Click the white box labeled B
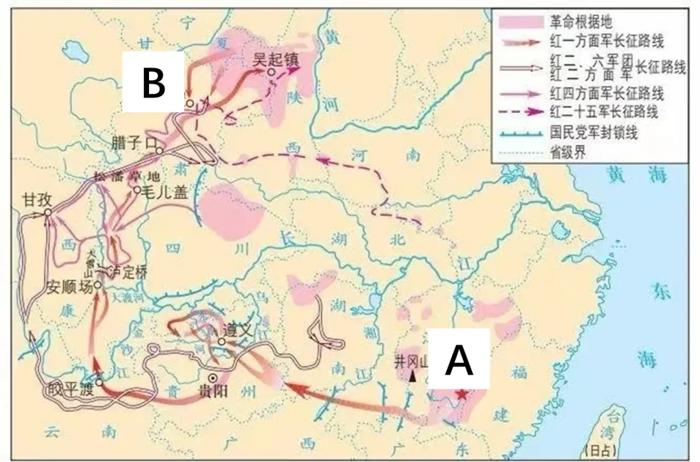[154, 84]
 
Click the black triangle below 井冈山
[412, 376]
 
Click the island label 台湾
[611, 433]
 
